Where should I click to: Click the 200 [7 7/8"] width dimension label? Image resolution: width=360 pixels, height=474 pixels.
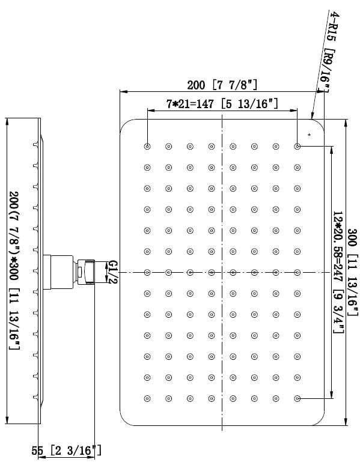[x=222, y=85]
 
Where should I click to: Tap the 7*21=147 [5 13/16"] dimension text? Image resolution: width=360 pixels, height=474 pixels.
[x=222, y=104]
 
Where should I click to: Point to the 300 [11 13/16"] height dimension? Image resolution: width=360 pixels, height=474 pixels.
[x=353, y=272]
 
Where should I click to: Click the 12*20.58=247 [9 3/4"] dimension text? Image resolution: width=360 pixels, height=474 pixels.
[x=338, y=272]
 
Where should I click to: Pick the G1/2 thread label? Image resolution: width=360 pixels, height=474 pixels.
[x=112, y=272]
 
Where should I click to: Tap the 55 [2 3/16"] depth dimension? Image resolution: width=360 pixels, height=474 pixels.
[x=67, y=451]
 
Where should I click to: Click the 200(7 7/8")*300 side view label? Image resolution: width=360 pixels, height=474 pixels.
[x=14, y=270]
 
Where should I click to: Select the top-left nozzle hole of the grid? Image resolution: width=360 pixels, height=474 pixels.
[x=147, y=147]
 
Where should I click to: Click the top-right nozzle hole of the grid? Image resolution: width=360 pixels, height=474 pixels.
[x=297, y=147]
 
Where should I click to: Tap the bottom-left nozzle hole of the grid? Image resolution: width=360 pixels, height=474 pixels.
[x=147, y=399]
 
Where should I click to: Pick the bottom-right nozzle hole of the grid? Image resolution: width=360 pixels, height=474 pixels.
[x=297, y=399]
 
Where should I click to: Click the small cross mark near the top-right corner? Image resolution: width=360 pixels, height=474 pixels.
[x=309, y=134]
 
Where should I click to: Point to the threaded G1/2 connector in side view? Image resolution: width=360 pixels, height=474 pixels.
[x=86, y=272]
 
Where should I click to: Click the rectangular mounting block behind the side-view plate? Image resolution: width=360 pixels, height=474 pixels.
[x=58, y=272]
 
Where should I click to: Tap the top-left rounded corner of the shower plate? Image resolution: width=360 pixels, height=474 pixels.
[x=124, y=123]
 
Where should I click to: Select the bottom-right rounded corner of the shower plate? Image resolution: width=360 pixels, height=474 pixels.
[x=320, y=421]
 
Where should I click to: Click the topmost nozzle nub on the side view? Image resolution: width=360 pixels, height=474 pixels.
[x=36, y=145]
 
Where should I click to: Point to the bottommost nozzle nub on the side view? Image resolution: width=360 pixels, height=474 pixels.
[x=36, y=397]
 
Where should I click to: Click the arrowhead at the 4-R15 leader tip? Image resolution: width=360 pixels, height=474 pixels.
[x=312, y=115]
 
